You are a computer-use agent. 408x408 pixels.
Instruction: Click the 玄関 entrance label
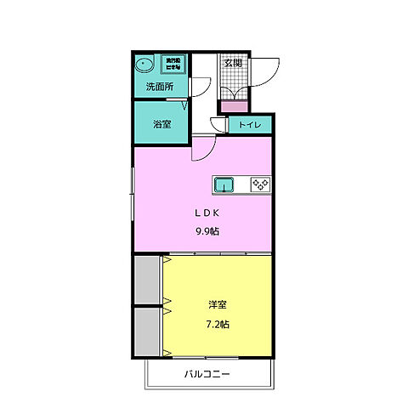pos(234,62)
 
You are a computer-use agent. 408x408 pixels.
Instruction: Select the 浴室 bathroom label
pos(162,124)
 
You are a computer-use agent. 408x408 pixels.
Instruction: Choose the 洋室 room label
pos(217,304)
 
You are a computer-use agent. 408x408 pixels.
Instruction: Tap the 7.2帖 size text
pos(217,323)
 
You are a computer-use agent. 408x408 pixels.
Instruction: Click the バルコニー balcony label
pos(208,374)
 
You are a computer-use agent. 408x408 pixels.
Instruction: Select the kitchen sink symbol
pos(225,184)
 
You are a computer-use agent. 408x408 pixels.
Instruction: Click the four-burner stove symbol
pos(258,184)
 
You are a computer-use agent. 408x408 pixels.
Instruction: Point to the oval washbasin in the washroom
pos(144,65)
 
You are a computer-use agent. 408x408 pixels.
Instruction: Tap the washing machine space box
pos(173,65)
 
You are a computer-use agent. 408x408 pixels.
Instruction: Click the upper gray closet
pos(147,279)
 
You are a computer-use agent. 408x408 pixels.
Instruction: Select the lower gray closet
pos(147,331)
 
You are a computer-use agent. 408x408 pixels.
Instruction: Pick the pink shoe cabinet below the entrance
pos(234,107)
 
